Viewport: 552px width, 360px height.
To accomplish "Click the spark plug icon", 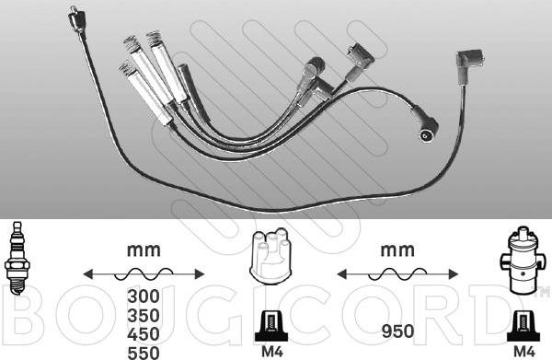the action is pos(17,258).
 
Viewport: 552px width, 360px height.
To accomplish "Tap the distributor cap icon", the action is pos(269,255).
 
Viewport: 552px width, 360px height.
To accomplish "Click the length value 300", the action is pos(144,296).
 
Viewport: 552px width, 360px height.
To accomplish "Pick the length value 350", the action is pos(144,315).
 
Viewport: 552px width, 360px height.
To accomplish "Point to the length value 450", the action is pos(144,334).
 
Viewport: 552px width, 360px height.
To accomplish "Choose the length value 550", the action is pos(144,353).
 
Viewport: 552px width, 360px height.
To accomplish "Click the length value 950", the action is pos(397,331).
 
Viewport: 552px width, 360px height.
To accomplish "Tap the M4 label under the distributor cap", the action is pos(272,351).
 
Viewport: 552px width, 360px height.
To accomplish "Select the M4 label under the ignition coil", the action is pos(524,351).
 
